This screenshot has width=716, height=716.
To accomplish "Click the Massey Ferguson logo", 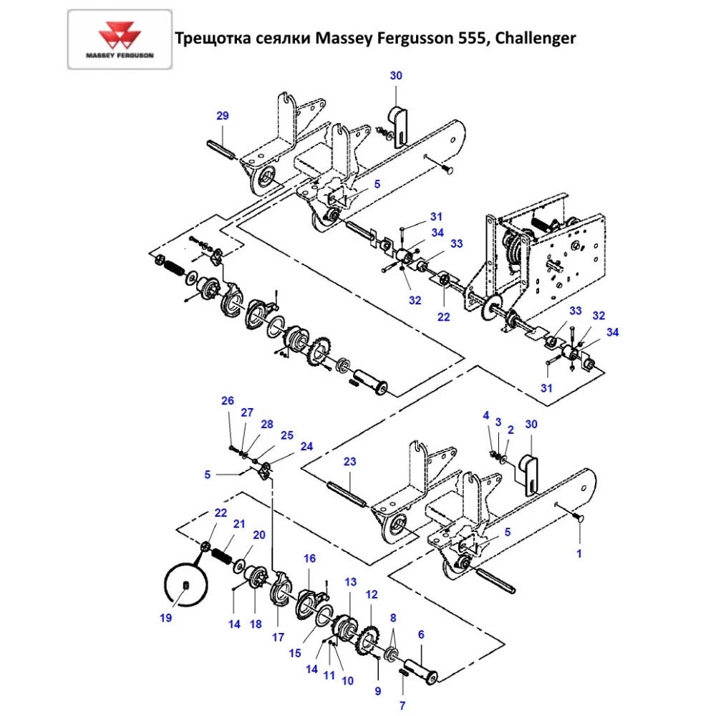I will (120, 39).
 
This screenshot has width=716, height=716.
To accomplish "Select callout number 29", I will (222, 116).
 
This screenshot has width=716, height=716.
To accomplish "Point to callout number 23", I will (349, 462).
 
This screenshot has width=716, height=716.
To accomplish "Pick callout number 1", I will (579, 553).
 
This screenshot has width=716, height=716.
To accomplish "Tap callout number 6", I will (420, 634).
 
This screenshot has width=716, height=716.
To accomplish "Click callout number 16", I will (309, 558).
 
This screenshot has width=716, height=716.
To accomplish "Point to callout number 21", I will (239, 523).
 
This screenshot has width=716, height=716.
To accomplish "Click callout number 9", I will (378, 690).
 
